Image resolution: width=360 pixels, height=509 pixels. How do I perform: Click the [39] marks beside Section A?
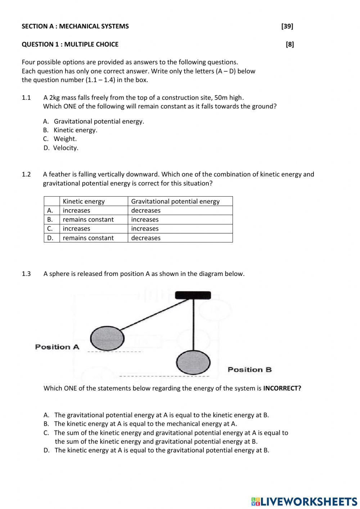[287, 26]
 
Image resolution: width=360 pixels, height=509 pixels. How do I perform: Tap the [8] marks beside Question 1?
[289, 44]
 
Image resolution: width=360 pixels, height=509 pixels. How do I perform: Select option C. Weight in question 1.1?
[60, 139]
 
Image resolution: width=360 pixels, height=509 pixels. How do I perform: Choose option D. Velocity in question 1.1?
[61, 148]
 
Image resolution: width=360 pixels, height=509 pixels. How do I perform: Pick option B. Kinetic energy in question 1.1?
[70, 130]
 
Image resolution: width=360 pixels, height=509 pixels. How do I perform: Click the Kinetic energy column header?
[84, 201]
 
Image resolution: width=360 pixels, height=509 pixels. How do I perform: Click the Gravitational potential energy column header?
[175, 201]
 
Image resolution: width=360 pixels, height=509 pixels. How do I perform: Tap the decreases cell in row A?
[146, 210]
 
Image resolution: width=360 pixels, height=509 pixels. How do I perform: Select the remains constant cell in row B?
[88, 219]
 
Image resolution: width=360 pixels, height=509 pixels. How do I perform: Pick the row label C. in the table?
[50, 228]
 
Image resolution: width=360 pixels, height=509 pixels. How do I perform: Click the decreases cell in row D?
[146, 238]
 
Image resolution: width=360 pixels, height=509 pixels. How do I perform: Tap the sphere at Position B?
[193, 362]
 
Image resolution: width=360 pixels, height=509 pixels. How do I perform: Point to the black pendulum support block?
[193, 295]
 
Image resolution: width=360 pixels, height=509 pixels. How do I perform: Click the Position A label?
[57, 347]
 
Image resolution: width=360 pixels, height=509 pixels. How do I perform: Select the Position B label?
[249, 370]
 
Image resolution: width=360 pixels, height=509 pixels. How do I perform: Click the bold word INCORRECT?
[282, 388]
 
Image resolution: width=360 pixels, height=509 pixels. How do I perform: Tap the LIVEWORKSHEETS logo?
[304, 501]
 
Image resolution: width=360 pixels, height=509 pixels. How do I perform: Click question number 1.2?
[26, 174]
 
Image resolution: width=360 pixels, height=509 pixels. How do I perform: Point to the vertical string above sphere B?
[194, 324]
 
